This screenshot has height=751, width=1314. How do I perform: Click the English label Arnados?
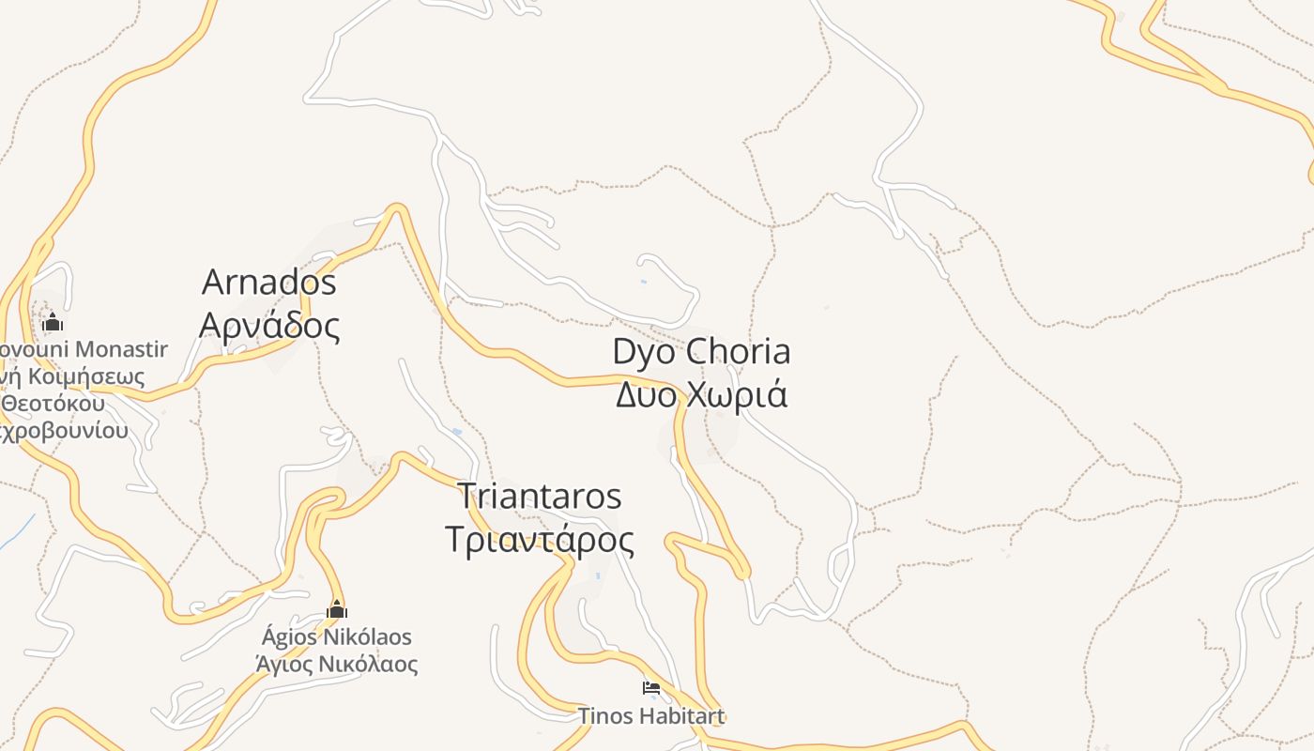269,282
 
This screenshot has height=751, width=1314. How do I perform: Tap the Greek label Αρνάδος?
269,325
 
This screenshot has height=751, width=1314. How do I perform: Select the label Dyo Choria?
701,352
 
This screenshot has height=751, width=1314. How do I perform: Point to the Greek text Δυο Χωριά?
701,394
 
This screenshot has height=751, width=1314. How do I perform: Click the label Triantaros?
539,496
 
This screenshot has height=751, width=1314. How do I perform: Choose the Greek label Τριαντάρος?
539,540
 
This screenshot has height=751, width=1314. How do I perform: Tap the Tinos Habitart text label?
650,716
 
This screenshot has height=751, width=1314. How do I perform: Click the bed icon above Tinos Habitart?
650,688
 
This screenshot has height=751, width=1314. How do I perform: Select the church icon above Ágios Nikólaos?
337,610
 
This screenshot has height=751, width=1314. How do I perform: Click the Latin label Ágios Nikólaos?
337,637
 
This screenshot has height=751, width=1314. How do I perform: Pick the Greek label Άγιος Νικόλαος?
337,665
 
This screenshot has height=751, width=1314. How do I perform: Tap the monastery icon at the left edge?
53,323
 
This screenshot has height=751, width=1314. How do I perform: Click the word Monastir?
121,350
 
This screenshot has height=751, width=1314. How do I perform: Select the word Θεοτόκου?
53,405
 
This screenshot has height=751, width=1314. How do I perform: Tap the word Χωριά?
737,394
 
